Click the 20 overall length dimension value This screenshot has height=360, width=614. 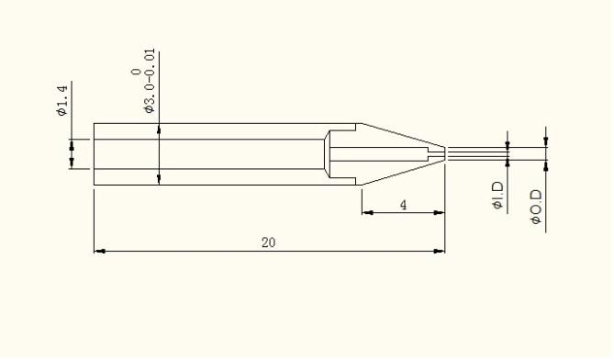(x=269, y=242)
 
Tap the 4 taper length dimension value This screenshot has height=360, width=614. (x=403, y=205)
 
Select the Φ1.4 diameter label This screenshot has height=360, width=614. (x=62, y=101)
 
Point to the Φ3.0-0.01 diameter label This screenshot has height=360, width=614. (x=150, y=81)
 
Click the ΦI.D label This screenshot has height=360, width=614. (x=497, y=196)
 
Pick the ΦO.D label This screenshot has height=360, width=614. (x=536, y=207)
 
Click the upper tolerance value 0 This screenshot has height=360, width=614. (x=136, y=72)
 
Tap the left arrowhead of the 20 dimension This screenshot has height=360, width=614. (x=99, y=251)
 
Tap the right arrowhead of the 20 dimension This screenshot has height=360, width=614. (x=440, y=251)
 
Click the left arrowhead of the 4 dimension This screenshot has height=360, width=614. (x=367, y=213)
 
